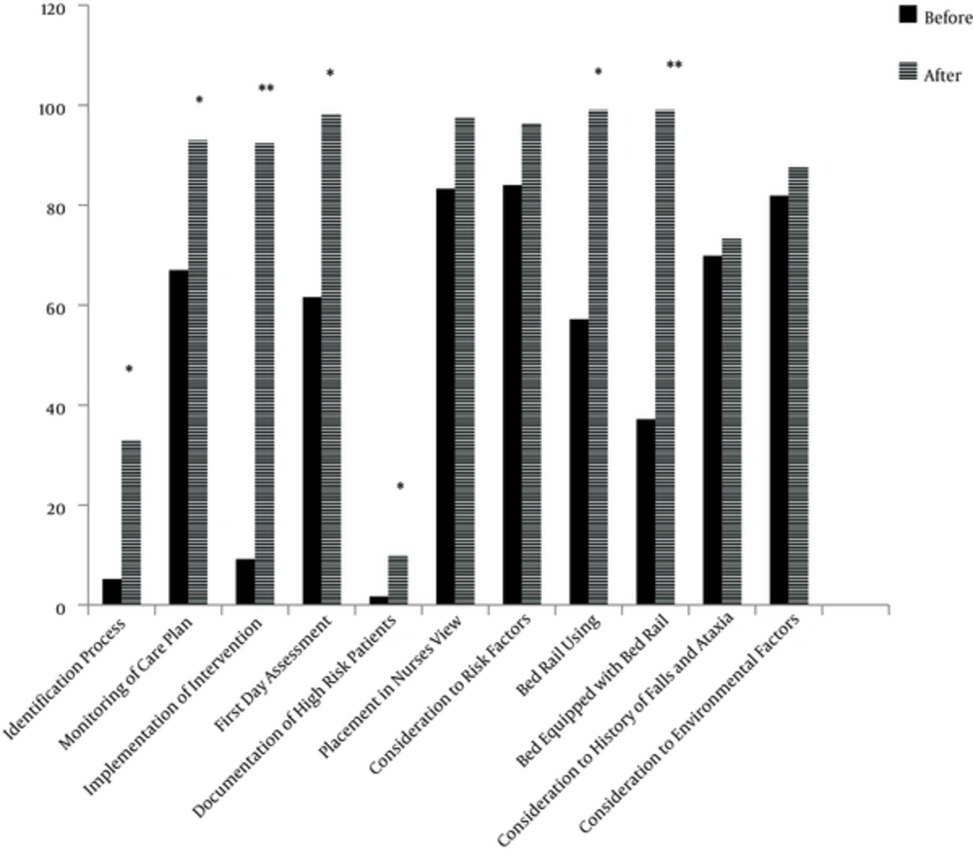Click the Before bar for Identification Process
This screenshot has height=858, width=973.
pyautogui.click(x=112, y=592)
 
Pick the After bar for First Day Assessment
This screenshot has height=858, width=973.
pyautogui.click(x=332, y=360)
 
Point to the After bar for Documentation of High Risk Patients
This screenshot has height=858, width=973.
pyautogui.click(x=398, y=581)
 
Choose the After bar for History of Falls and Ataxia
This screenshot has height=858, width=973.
pyautogui.click(x=732, y=422)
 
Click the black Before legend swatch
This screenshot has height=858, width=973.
pyautogui.click(x=909, y=14)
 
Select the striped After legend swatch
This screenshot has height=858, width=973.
pyautogui.click(x=909, y=72)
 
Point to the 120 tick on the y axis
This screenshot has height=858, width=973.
pyautogui.click(x=64, y=8)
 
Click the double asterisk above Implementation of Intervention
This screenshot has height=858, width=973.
pyautogui.click(x=266, y=89)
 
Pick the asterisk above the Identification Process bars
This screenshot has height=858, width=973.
pyautogui.click(x=128, y=370)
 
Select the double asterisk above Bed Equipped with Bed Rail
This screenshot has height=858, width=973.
pyautogui.click(x=674, y=66)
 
